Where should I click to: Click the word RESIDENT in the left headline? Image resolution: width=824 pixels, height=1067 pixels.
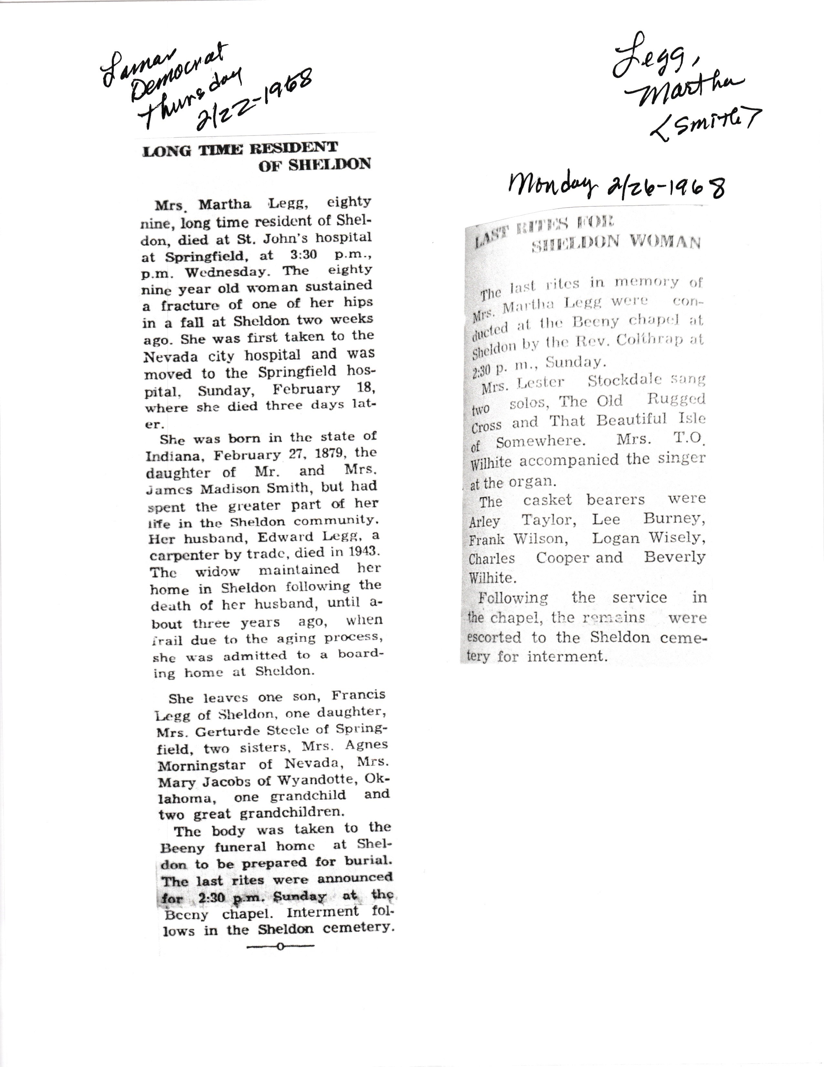(x=294, y=147)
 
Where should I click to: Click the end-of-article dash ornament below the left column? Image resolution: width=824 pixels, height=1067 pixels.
(x=280, y=947)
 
